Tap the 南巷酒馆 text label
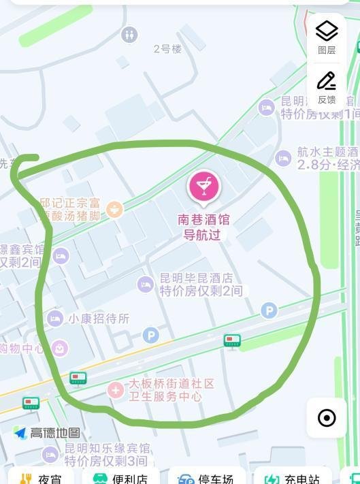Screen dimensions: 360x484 coord(203,220)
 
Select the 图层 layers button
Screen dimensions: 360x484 coord(327,37)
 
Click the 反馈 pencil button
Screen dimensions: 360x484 coord(327,86)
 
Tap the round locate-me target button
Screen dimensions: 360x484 coord(327,417)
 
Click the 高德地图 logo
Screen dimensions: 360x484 coord(47,433)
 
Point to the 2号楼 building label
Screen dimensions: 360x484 coord(167,48)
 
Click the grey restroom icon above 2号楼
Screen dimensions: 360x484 coord(129,35)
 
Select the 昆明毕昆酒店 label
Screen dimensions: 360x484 coord(196,278)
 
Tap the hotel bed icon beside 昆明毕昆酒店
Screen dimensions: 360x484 coord(145,284)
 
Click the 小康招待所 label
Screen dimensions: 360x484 coord(98,318)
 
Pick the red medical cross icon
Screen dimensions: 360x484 coord(116,390)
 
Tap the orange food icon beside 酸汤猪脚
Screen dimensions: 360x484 coord(114,208)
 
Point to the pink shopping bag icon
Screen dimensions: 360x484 coord(60,349)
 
